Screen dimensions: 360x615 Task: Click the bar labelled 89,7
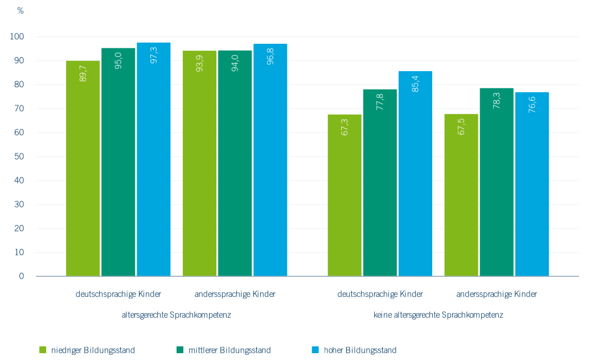[83, 171]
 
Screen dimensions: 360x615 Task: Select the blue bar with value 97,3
[153, 165]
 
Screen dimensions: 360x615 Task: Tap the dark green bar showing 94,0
[235, 165]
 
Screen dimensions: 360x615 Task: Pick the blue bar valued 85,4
[415, 177]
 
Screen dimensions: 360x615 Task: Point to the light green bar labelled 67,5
[461, 197]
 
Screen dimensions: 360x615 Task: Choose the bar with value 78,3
[496, 185]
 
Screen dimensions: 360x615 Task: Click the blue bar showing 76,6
[532, 185]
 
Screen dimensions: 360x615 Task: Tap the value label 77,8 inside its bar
[380, 103]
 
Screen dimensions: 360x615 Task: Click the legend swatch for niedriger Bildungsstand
[42, 350]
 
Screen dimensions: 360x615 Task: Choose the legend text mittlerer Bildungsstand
[229, 350]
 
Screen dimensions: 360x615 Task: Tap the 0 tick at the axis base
[22, 276]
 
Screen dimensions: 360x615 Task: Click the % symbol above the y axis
[20, 11]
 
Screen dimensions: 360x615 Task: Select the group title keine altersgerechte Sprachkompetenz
[438, 314]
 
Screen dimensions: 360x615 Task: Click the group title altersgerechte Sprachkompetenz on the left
[177, 314]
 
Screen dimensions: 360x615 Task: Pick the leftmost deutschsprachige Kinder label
[118, 294]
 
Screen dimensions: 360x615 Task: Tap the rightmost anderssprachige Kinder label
[497, 294]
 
